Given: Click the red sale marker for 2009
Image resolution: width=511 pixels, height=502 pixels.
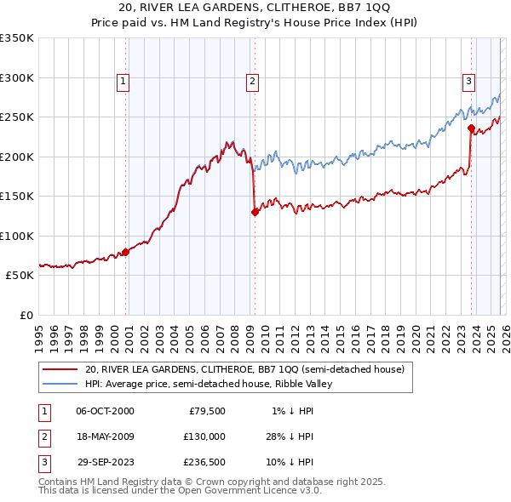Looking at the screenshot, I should (x=255, y=213).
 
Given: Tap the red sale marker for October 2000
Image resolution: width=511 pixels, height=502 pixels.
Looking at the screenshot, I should (x=125, y=252).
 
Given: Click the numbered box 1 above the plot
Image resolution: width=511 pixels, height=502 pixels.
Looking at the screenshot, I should (x=123, y=82).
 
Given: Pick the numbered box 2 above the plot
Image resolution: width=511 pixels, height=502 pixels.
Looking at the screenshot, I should (x=253, y=82).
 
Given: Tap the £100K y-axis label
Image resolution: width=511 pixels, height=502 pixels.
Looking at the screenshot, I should (x=17, y=236).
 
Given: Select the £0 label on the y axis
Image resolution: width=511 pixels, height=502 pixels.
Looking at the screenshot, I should (x=25, y=315).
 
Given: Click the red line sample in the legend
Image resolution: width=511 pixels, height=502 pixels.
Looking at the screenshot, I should (x=60, y=370).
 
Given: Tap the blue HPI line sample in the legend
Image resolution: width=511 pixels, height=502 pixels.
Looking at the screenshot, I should (x=60, y=384).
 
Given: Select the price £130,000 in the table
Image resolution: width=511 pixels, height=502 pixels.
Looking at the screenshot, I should (x=204, y=436).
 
